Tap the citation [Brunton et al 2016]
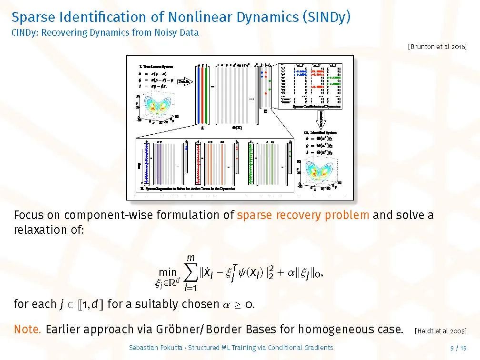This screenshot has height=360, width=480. (x=437, y=46)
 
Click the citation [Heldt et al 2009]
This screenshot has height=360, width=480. (x=440, y=330)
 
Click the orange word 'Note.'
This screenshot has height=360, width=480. (x=28, y=329)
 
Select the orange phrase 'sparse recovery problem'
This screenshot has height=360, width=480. (x=303, y=215)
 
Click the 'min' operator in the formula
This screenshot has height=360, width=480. (x=167, y=272)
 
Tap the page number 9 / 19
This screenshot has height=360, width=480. (x=458, y=348)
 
